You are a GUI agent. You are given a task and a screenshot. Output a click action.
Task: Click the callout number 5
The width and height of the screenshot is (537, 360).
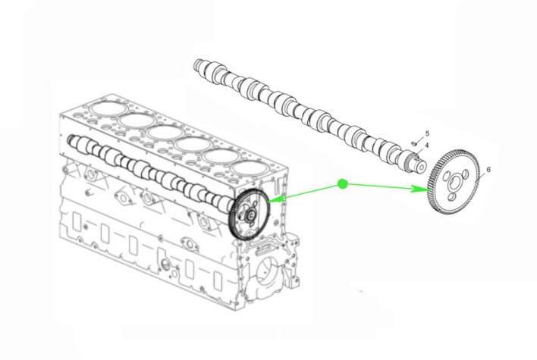[x=427, y=133]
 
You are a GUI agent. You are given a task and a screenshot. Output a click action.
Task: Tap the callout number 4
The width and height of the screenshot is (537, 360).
[x=427, y=146]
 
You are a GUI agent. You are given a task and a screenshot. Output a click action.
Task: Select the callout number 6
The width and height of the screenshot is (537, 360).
[x=488, y=170]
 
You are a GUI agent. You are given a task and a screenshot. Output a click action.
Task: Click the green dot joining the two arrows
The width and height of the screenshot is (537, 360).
[x=343, y=184]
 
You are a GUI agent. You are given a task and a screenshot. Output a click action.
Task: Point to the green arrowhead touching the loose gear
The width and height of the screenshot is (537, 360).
[x=420, y=189]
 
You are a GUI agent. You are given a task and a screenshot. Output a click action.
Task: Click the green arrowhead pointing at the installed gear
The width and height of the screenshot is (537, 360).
[x=277, y=199]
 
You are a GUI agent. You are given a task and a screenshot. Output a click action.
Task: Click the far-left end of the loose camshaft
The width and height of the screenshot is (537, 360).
[x=197, y=65]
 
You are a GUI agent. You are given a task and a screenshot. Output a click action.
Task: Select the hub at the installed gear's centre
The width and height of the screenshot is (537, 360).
[x=251, y=215]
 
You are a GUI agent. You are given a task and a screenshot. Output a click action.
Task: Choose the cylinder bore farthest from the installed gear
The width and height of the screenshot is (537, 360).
[x=107, y=109]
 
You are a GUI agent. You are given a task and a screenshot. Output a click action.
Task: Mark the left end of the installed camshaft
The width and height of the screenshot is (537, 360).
[x=71, y=139]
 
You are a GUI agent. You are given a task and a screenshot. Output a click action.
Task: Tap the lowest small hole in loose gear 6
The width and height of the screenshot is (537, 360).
[x=452, y=197]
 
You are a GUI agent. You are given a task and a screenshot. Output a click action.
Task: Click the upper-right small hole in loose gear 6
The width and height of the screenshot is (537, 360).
[x=465, y=175]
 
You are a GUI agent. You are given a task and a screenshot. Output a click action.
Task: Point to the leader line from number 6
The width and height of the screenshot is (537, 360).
[x=482, y=176]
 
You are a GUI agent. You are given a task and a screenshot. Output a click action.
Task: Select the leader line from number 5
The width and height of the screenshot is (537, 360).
[x=419, y=139]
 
